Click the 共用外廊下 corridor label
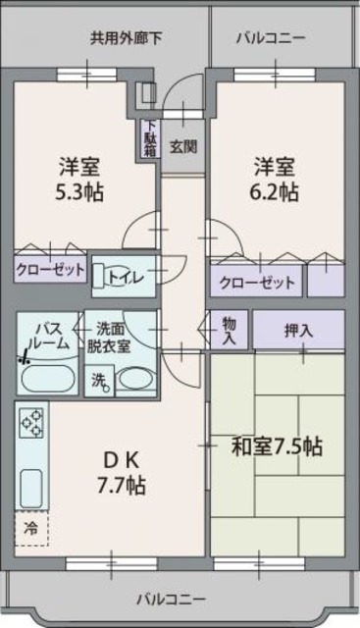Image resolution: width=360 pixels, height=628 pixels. coord(127,39)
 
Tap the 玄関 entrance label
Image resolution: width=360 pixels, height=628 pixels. coord(182,147)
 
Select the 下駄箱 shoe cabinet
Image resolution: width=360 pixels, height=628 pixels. coord(149,138)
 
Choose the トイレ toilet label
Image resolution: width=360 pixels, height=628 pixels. coord(126,278)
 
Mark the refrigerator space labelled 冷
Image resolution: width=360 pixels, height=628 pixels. coord(29,529)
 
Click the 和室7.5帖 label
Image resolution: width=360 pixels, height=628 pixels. coord(277,446)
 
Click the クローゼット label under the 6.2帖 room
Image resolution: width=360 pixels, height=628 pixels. coord(257,283)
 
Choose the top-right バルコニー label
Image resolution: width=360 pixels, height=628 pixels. coord(271,39)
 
